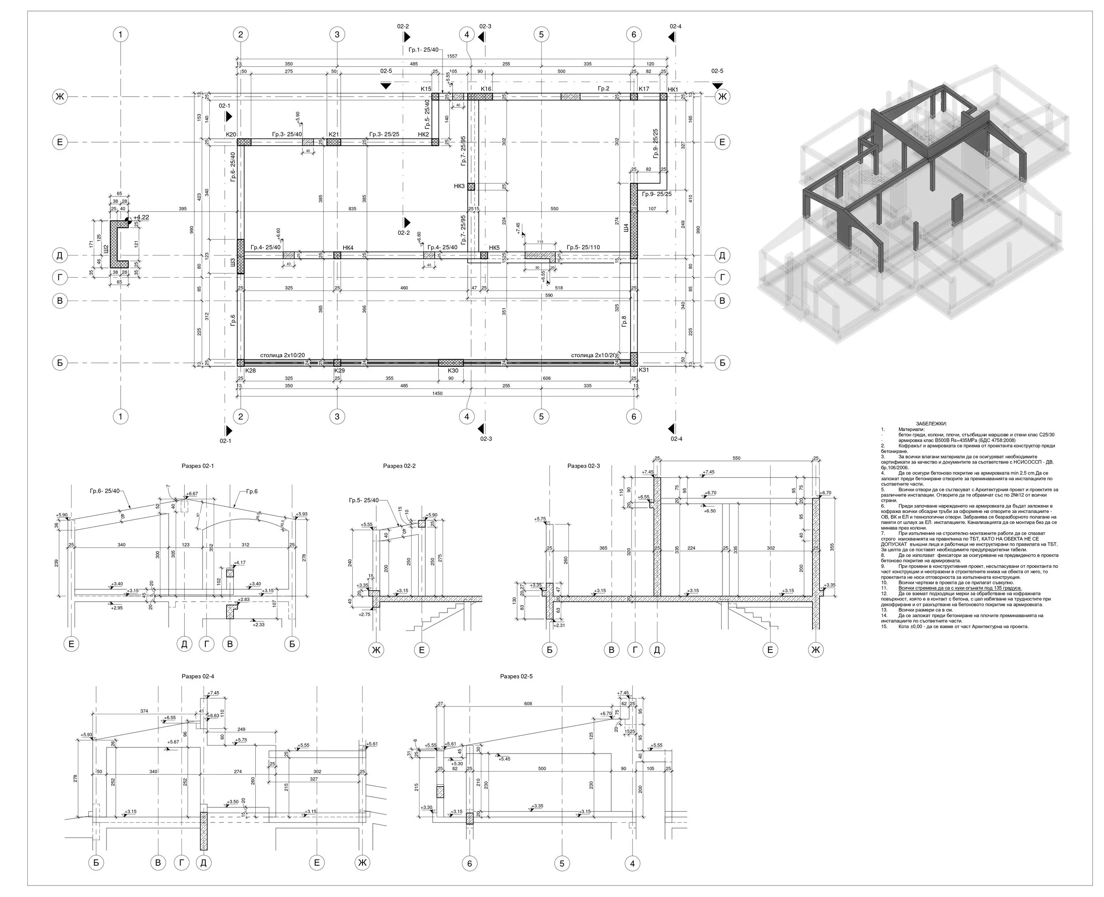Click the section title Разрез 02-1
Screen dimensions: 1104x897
coord(197,466)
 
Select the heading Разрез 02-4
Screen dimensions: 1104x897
coord(197,676)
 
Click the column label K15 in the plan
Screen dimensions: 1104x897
coord(426,89)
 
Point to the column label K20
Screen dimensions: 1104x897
coord(231,134)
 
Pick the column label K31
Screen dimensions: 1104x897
coord(643,370)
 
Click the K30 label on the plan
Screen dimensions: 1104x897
coord(453,370)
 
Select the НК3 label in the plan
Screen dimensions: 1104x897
coord(459,186)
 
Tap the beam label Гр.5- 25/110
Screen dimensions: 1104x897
coord(583,247)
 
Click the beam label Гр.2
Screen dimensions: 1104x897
coord(603,89)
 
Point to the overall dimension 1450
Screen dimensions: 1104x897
coord(437,393)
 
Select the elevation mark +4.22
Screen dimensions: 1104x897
coord(141,218)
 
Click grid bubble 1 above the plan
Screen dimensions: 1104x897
coord(121,34)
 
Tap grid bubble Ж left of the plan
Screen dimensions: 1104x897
coord(60,97)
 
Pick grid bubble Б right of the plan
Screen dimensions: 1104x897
coord(722,363)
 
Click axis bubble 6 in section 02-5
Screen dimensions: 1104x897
coord(469,863)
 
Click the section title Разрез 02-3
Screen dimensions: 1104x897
coord(583,466)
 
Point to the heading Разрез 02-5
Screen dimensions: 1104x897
coord(516,676)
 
